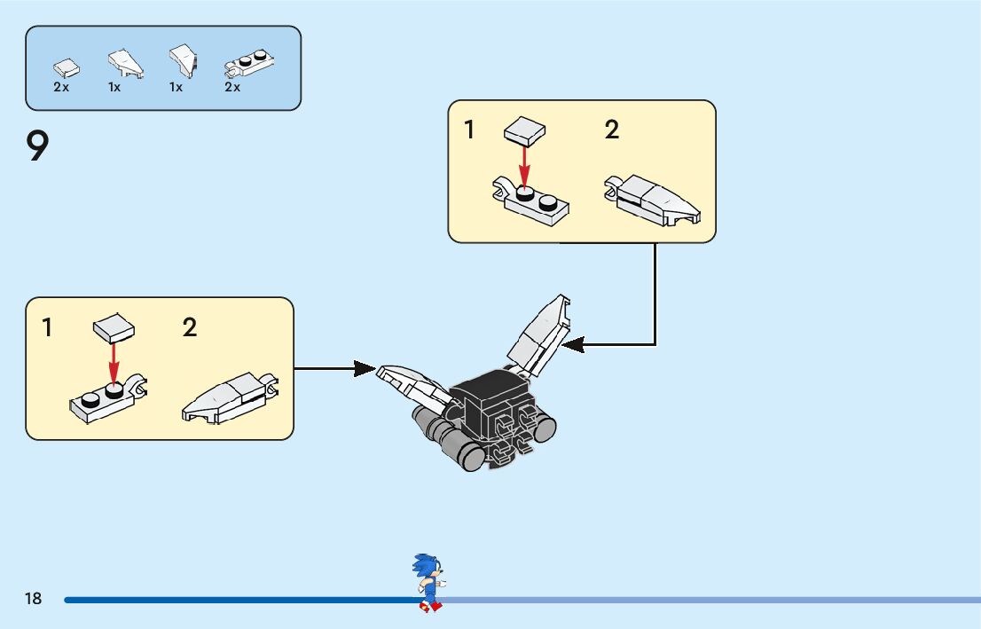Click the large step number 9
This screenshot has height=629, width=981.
(x=36, y=147)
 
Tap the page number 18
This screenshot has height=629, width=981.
(x=33, y=599)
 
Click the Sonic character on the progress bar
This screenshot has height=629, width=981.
(x=427, y=582)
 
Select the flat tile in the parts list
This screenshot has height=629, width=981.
(x=66, y=67)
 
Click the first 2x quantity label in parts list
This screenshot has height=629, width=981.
(x=61, y=88)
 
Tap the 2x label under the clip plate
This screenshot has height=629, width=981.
(x=232, y=88)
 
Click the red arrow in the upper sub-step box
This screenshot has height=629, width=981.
(x=525, y=166)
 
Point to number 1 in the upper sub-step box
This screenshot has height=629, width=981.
(x=469, y=130)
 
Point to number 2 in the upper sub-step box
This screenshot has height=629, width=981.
(x=611, y=130)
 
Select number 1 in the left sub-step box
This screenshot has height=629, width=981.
(x=47, y=328)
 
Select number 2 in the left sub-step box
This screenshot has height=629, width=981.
(x=190, y=328)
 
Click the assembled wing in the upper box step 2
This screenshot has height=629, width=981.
(x=654, y=200)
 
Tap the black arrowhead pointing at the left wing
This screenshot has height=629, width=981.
(x=365, y=368)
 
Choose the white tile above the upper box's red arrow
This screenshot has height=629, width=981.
(x=524, y=132)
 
